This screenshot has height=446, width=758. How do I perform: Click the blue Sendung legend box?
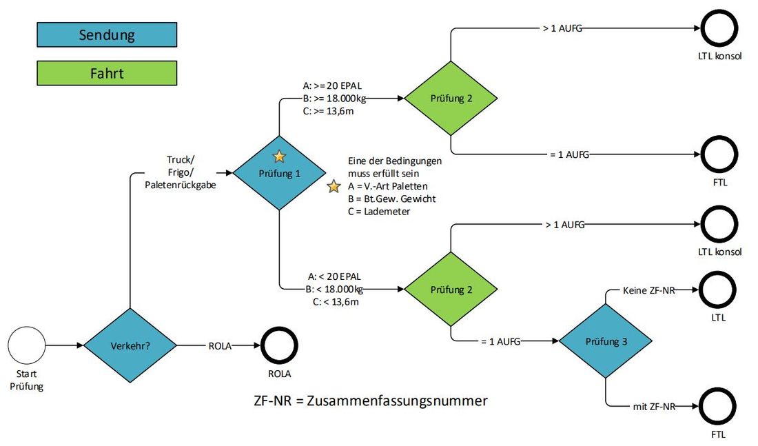pos(107,35)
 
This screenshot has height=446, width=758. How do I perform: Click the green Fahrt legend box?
pos(107,73)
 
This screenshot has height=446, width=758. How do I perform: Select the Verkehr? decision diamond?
pos(130,345)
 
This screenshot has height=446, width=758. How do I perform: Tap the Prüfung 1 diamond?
pos(279,173)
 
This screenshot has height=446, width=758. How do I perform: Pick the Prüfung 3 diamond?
pos(606,341)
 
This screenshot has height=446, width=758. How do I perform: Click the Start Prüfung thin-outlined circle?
pos(27,345)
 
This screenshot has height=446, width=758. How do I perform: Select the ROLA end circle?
pos(279,345)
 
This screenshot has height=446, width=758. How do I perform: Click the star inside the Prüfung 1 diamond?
pos(279,156)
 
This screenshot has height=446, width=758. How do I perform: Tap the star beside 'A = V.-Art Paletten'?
pos(334,186)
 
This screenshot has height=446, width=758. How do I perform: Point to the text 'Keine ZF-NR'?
pos(648,290)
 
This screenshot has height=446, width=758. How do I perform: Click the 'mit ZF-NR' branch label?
pos(654,407)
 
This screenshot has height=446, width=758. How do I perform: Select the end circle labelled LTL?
pos(718,290)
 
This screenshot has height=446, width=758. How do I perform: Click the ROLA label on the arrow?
pos(220,346)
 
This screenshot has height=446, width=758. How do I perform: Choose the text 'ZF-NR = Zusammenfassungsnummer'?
pos(371,401)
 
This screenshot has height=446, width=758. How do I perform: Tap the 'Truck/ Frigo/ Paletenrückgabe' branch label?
pos(181,172)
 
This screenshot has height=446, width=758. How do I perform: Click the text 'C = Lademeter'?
pos(379,212)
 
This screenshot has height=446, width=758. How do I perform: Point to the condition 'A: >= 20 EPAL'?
pos(332,85)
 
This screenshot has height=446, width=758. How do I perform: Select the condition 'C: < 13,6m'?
pos(336,302)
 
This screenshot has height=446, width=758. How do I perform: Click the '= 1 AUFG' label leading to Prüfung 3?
pos(501,341)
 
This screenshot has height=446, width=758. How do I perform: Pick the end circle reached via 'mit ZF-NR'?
pos(718,407)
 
